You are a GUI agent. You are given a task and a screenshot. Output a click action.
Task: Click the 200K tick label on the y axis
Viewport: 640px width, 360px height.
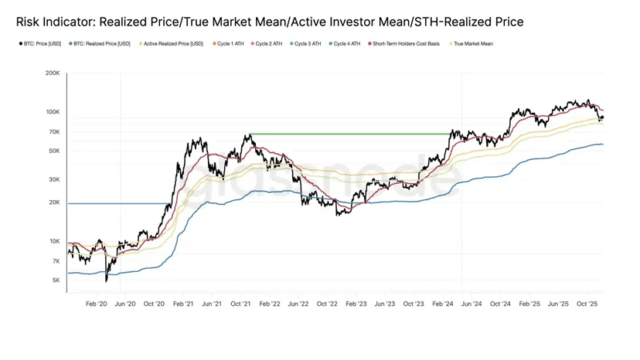(x=53, y=73)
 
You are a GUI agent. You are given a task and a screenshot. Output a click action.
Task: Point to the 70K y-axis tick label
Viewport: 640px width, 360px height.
(x=54, y=132)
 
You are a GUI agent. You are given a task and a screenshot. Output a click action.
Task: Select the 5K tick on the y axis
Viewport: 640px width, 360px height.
(x=56, y=280)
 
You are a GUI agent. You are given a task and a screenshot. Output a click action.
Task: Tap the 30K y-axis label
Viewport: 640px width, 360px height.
(x=54, y=180)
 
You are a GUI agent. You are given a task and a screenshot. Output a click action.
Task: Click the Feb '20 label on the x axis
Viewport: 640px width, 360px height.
(x=97, y=304)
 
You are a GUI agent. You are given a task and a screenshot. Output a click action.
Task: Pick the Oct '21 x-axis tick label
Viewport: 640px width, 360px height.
(x=240, y=304)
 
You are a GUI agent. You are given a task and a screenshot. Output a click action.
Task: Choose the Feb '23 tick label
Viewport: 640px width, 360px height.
(x=356, y=304)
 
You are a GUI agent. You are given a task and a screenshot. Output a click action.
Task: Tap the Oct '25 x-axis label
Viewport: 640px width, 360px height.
(x=587, y=304)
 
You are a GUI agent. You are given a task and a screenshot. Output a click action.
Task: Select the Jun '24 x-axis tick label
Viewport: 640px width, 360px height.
(x=471, y=304)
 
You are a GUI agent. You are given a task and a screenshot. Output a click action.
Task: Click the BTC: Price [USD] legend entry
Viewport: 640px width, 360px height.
(x=42, y=44)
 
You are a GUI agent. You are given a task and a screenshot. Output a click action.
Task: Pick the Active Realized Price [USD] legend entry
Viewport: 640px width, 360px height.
(x=173, y=44)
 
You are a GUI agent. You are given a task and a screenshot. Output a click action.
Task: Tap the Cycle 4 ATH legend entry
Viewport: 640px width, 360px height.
(x=346, y=44)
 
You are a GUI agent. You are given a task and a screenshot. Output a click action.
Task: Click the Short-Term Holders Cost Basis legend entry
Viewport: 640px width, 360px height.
(x=406, y=44)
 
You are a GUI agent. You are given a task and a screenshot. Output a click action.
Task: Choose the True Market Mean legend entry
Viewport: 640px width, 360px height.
(x=472, y=44)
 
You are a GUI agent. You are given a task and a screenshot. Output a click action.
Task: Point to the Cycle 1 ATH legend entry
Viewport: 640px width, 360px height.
(x=230, y=44)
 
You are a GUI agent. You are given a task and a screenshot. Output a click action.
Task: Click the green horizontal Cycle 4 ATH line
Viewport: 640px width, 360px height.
(x=348, y=134)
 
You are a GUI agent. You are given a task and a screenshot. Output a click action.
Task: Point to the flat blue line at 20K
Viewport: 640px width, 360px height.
(x=116, y=203)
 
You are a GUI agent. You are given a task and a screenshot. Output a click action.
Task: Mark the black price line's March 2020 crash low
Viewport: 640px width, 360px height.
(x=106, y=280)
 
